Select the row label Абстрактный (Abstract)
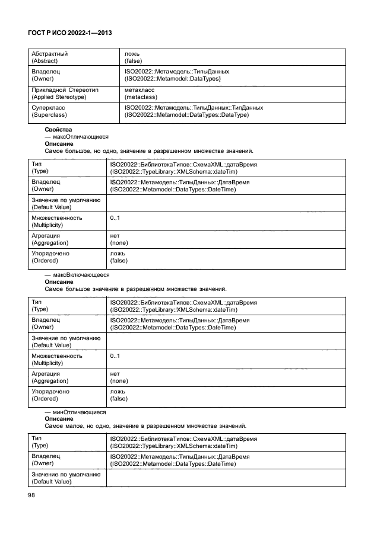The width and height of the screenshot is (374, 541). (x=49, y=57)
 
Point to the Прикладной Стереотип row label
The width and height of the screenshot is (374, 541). (x=65, y=89)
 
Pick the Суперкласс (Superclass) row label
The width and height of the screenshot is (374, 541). (x=50, y=111)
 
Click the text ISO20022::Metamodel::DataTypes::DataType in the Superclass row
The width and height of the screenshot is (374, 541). (x=186, y=115)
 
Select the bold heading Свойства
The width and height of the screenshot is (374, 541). (x=58, y=129)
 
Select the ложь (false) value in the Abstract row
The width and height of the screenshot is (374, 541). (x=133, y=57)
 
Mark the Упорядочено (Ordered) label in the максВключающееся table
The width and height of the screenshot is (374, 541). (x=50, y=395)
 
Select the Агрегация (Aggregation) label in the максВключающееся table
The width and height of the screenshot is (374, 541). (x=50, y=377)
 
